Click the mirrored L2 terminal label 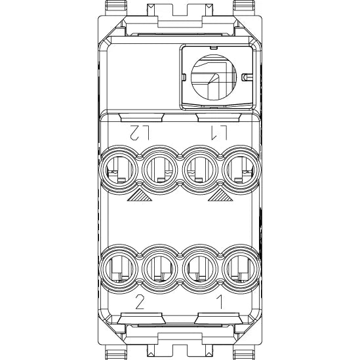[140, 132]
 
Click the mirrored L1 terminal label [219, 132]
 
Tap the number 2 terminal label [140, 302]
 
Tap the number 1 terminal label [220, 302]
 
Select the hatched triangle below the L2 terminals [140, 195]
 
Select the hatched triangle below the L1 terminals [220, 195]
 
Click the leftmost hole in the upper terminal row [119, 170]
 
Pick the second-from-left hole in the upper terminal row [159, 170]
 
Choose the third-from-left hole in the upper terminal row [200, 170]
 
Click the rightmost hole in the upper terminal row [240, 170]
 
